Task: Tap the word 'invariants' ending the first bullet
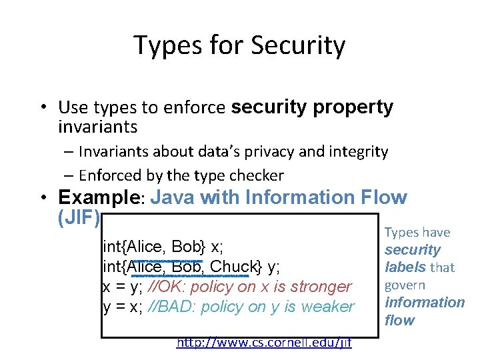point(98,127)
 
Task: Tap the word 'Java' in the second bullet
point(176,198)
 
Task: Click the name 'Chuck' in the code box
point(233,267)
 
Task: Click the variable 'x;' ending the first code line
point(217,247)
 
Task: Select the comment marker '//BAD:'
point(172,307)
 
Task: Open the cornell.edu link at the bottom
point(264,343)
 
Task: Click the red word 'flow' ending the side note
point(399,320)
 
